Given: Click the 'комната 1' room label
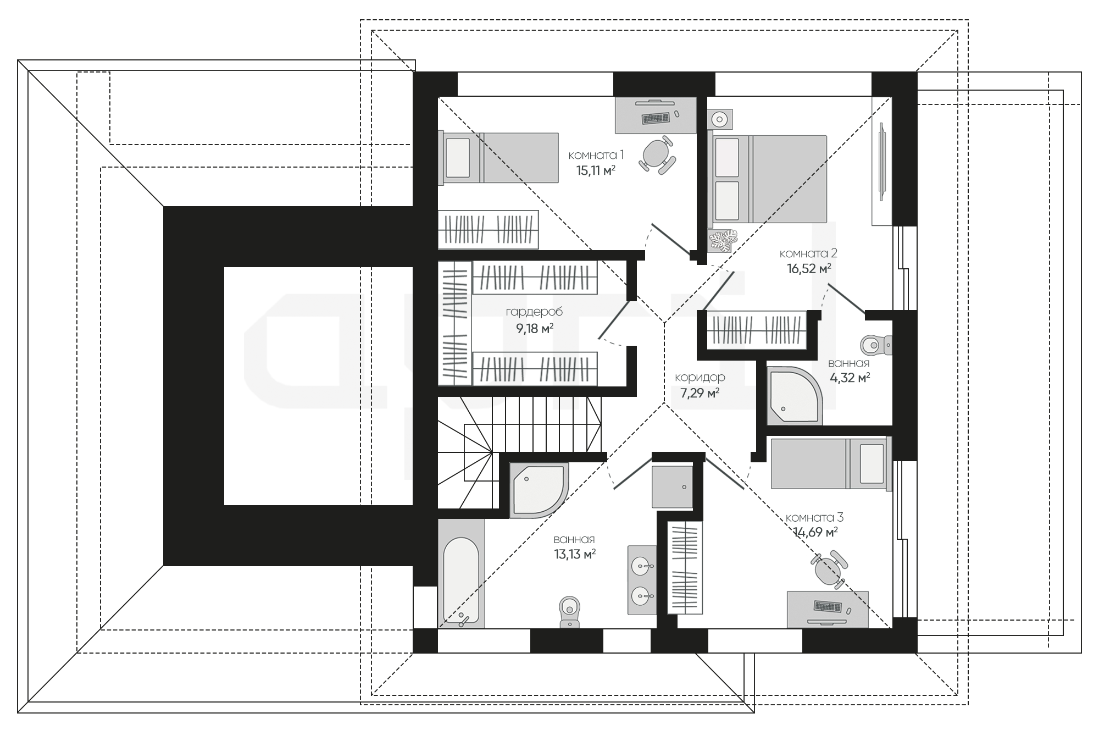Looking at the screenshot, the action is (x=596, y=154).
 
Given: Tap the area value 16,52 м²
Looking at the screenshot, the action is (x=808, y=269).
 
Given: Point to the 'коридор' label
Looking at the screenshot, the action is (x=700, y=377).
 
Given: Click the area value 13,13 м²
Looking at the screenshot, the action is (x=575, y=554).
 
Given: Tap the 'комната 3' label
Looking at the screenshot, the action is (x=814, y=518).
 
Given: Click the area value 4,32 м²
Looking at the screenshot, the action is (x=850, y=378).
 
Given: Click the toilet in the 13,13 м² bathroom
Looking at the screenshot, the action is (x=569, y=611).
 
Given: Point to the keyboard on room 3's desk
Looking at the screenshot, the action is (x=828, y=606).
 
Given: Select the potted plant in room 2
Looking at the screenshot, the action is (x=722, y=241).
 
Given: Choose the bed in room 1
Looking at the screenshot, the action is (x=498, y=157).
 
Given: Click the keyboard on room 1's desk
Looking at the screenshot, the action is (x=656, y=117).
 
